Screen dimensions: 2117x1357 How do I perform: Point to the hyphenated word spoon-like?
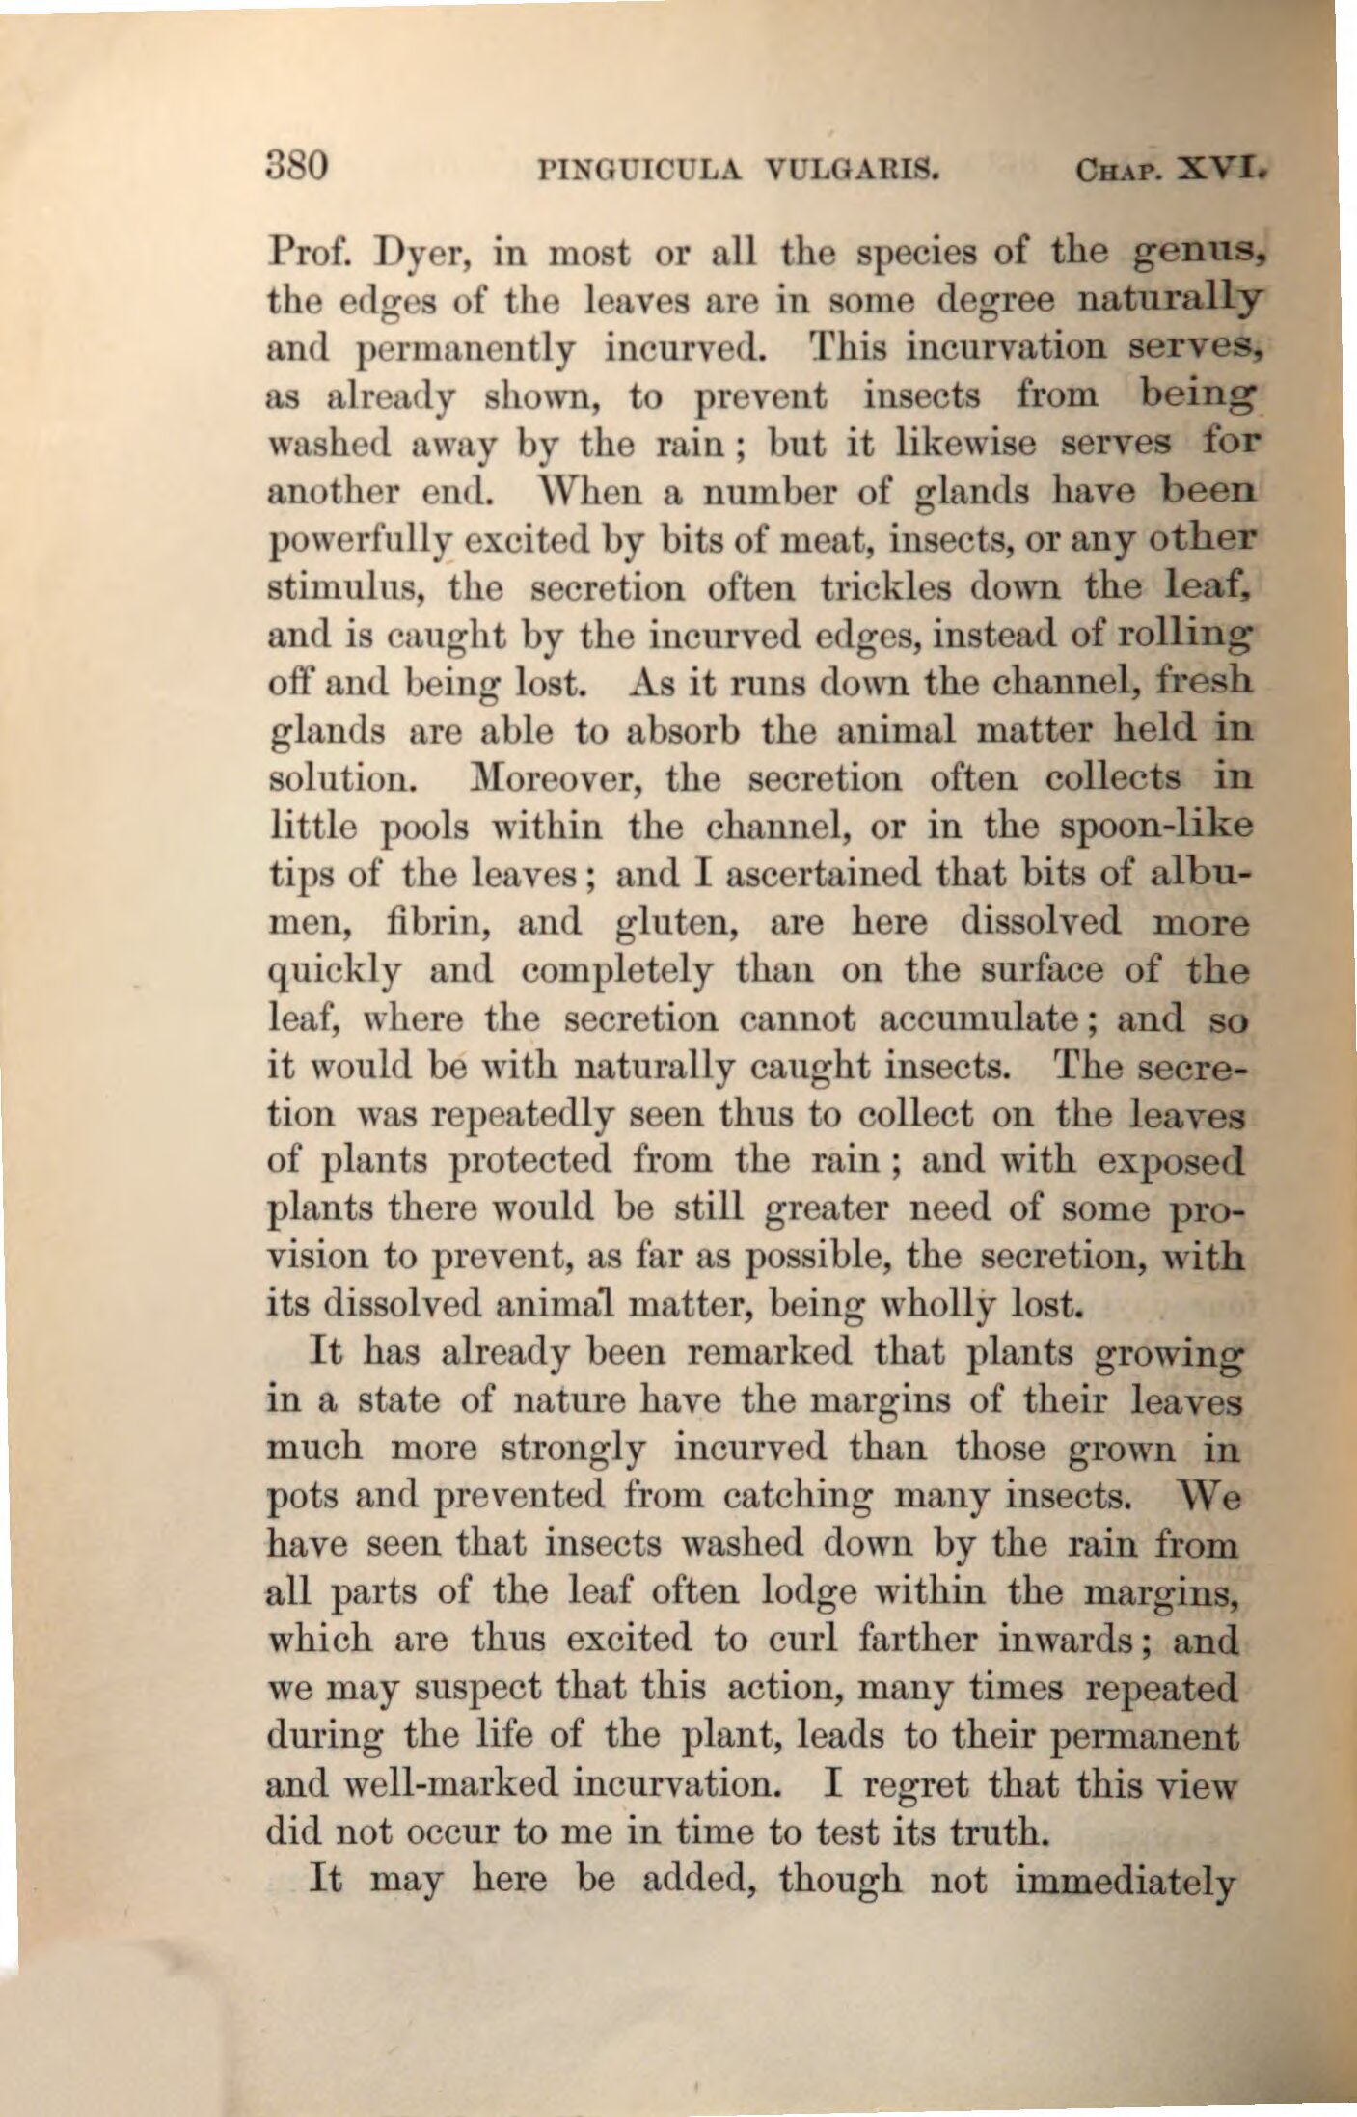pos(1154,828)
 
